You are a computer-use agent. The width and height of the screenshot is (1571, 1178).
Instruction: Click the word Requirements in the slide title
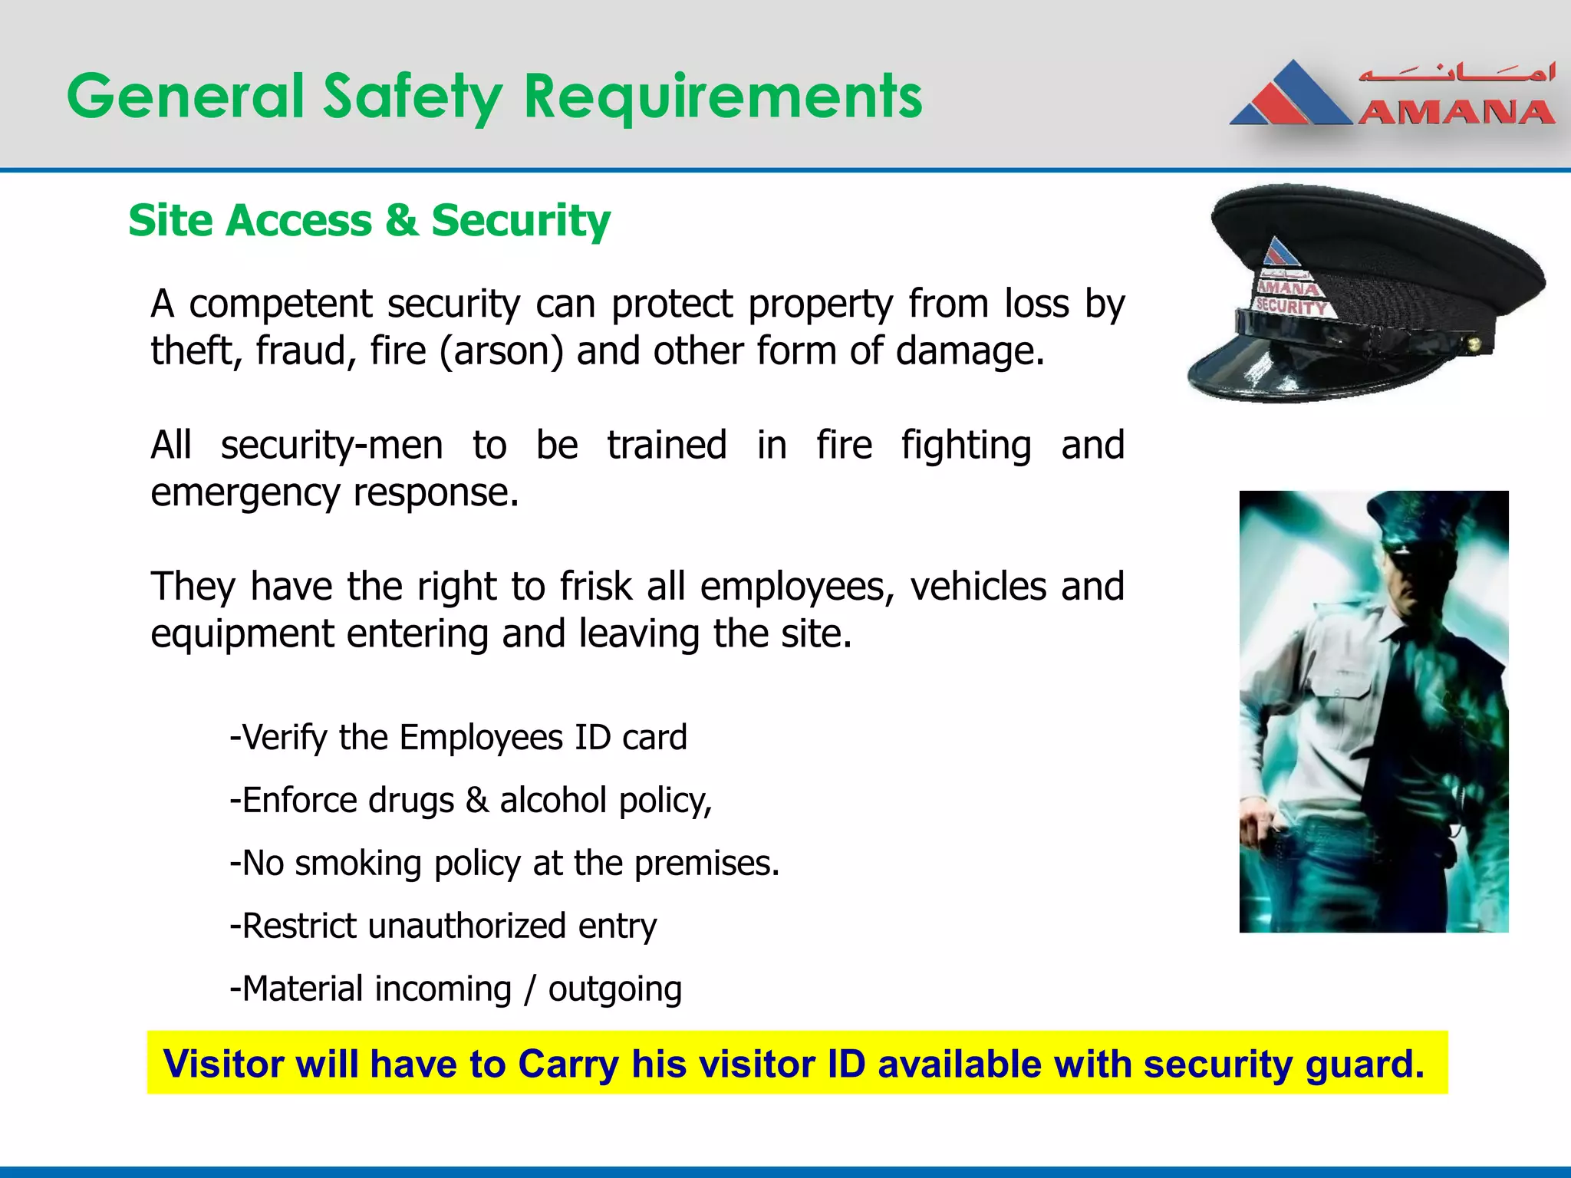tap(723, 97)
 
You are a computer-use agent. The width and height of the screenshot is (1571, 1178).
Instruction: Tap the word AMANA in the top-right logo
tap(1455, 113)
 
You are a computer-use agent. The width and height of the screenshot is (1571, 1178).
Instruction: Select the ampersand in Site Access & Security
tap(401, 221)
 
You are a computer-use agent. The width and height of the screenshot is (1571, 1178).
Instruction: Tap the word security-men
tap(331, 446)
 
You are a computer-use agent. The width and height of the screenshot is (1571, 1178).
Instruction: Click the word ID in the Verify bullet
tap(592, 738)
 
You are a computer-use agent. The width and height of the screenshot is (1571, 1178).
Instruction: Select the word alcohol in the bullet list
tap(553, 801)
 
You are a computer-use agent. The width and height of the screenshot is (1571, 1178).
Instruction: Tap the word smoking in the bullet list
tap(358, 864)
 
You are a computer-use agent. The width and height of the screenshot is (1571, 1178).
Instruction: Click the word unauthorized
tap(467, 926)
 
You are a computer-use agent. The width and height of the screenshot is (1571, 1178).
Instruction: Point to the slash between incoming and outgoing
tap(529, 989)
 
